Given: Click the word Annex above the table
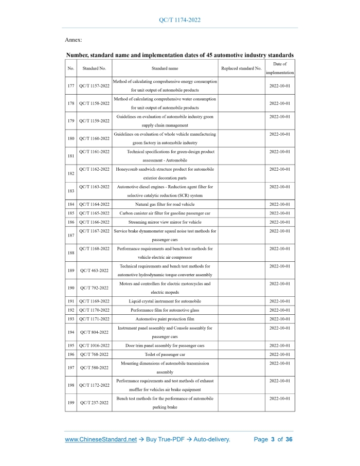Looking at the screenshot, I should coord(73,40).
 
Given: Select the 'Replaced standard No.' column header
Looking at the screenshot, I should coord(241,68).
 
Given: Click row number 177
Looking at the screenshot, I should coord(70,85).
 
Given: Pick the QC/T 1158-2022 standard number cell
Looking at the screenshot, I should coord(94,103).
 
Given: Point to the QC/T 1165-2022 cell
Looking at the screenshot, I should coord(94,213).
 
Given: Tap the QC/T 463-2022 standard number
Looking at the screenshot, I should coord(94,270).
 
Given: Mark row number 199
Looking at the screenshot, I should coord(70,403).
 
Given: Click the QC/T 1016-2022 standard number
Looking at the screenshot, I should coord(94,346).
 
